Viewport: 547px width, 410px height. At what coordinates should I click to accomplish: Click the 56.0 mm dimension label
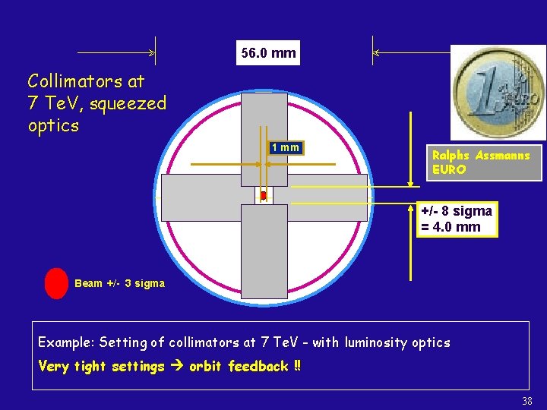coord(267,53)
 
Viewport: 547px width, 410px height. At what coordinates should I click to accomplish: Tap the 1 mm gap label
coord(286,147)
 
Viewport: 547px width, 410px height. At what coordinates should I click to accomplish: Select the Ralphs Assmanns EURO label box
coord(483,163)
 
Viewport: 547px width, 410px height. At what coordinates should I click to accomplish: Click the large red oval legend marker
coord(56,283)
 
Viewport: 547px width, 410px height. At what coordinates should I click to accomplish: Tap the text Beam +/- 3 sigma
coord(119,283)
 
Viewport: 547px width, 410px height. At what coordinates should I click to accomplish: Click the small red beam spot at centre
coord(263,196)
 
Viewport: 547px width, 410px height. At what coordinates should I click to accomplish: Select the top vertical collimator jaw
coord(264,139)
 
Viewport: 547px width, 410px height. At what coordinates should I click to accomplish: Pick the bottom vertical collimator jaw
coord(264,251)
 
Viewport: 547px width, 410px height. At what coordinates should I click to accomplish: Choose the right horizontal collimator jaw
coord(321,197)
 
